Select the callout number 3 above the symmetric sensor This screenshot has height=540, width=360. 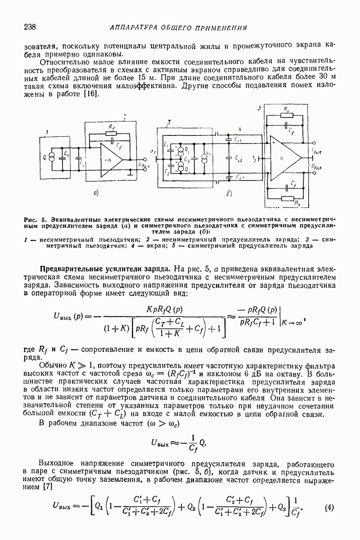[x=168, y=122]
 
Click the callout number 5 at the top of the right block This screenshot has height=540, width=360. [x=258, y=108]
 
